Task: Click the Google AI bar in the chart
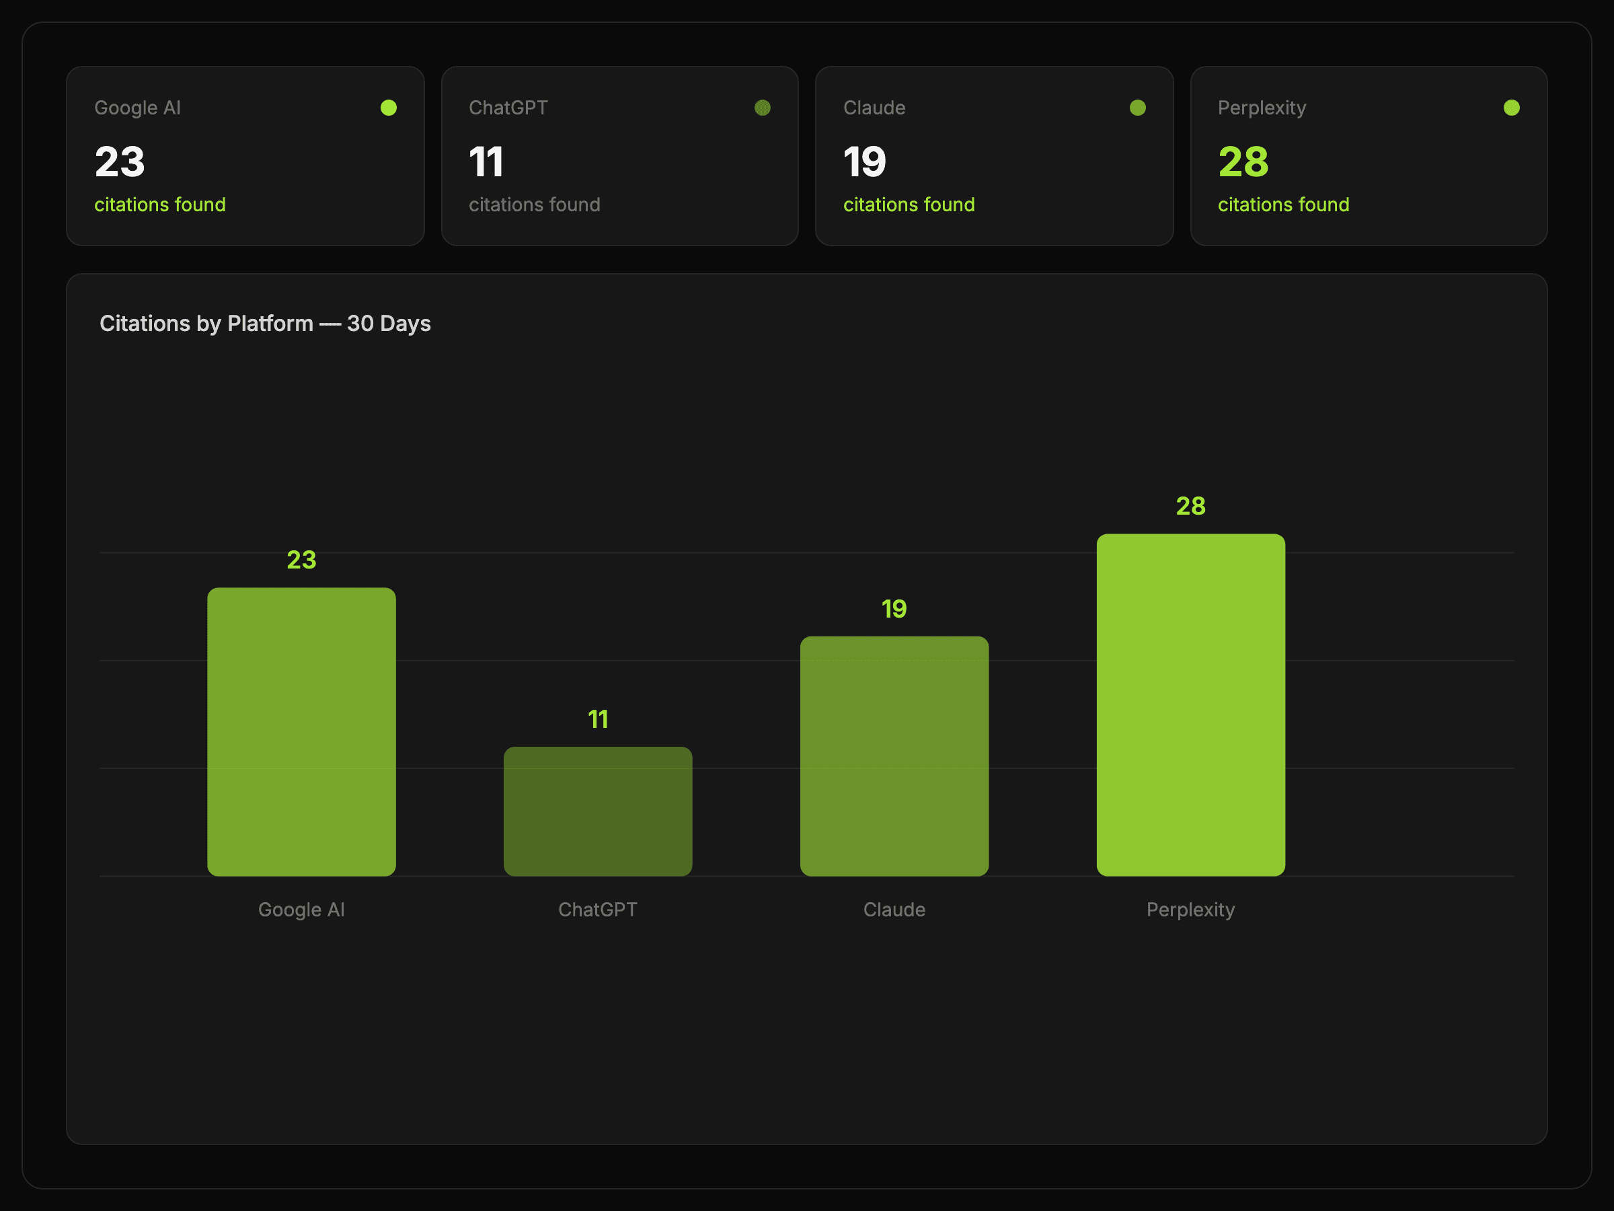[301, 731]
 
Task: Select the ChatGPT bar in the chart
[598, 811]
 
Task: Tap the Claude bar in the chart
[894, 756]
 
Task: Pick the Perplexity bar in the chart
[1190, 704]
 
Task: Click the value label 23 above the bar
[301, 560]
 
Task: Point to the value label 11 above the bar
[598, 720]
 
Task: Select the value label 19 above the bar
[894, 609]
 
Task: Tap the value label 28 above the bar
[1190, 506]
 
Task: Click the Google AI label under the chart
[301, 910]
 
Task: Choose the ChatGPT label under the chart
[598, 910]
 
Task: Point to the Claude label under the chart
[894, 910]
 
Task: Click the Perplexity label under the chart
[1190, 910]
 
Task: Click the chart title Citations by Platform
[265, 324]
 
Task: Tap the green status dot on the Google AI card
[389, 108]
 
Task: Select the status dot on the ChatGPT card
[763, 108]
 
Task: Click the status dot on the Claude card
[1138, 108]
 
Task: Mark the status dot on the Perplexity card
[1512, 108]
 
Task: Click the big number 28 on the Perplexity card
[1243, 162]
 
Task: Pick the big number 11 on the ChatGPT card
[486, 162]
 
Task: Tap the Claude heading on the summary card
[874, 108]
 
